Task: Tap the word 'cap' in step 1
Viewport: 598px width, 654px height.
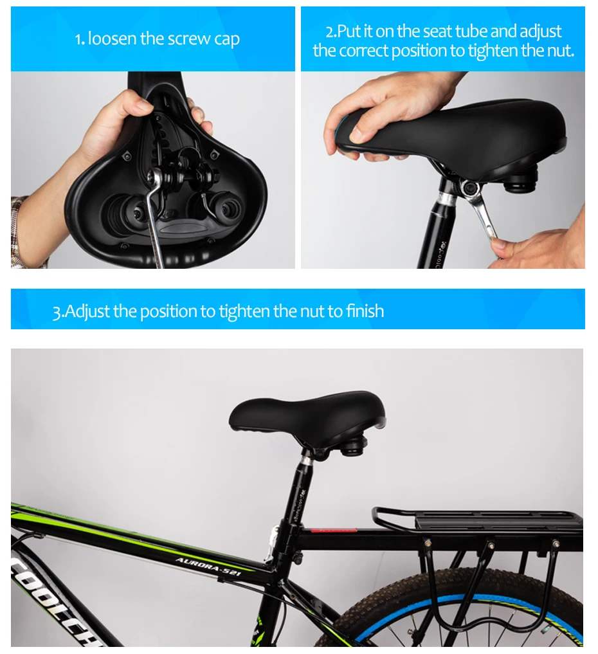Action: coord(227,40)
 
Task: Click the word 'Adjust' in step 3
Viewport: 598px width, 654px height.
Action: coord(87,312)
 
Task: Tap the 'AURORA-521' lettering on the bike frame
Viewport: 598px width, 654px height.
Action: coord(208,566)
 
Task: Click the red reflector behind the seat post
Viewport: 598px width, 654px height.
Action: coord(334,530)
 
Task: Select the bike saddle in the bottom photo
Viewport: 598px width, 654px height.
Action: coord(307,413)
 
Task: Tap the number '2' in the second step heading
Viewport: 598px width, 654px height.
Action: coord(330,32)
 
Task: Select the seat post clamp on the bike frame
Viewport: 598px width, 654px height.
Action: coord(287,539)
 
